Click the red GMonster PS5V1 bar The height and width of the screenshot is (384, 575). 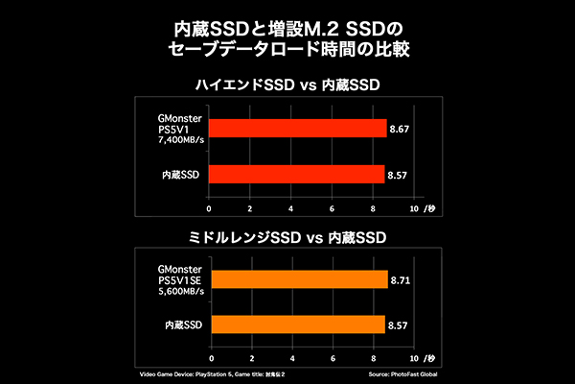(x=297, y=128)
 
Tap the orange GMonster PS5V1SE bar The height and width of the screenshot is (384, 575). (x=298, y=278)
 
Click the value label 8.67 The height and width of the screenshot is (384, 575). (x=400, y=128)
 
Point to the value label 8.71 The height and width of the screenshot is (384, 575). (x=402, y=278)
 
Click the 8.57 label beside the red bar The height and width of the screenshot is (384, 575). (x=398, y=176)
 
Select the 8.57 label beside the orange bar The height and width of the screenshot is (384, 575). (x=398, y=326)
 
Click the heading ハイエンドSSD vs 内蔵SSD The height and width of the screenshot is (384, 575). (x=287, y=86)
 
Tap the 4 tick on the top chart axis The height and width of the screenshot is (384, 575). (x=291, y=208)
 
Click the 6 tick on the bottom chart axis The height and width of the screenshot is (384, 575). (x=332, y=359)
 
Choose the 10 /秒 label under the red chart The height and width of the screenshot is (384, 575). (x=423, y=208)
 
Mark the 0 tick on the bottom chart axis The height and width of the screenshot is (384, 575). (x=210, y=359)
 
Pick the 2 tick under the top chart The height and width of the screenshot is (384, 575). (x=250, y=208)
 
